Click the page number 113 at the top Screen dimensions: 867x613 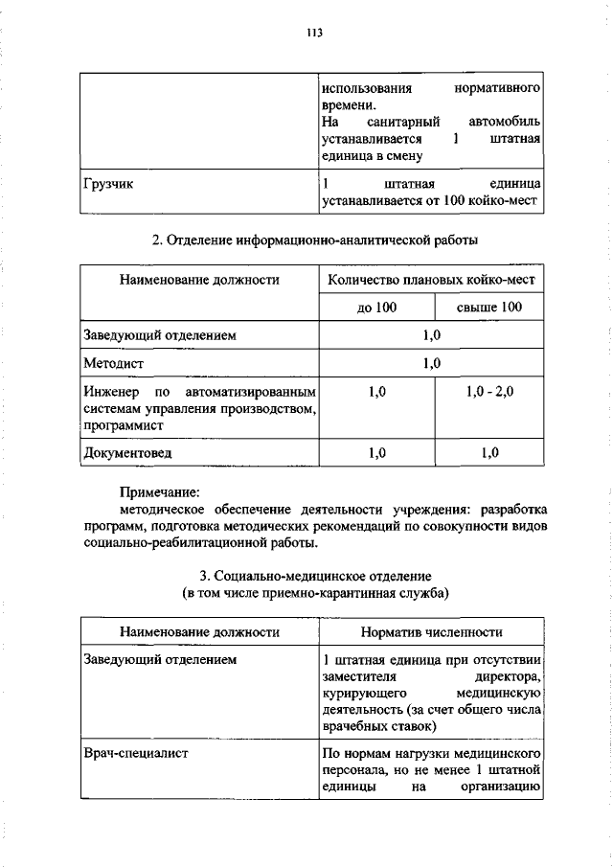tap(314, 33)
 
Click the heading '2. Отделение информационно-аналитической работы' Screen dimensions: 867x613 tap(314, 240)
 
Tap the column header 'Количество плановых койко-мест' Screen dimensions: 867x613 tap(431, 280)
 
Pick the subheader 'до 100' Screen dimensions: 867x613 tap(375, 308)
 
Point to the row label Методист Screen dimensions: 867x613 tap(112, 363)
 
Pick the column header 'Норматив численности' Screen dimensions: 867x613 tap(431, 632)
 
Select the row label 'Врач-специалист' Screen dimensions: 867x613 tap(135, 753)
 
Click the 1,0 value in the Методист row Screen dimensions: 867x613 tap(431, 363)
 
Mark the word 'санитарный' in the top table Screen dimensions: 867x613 tap(403, 123)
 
